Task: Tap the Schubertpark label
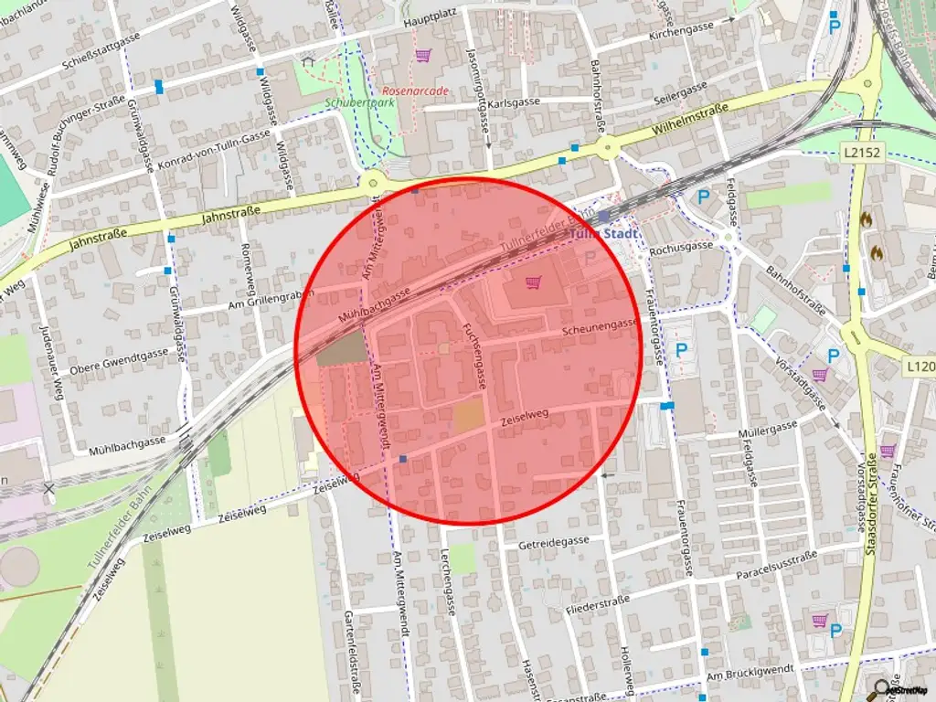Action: point(359,104)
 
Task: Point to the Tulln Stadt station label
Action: point(602,233)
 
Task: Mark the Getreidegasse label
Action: point(554,541)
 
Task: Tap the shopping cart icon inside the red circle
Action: point(533,282)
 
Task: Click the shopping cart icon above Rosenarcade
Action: point(422,56)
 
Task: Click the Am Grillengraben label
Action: point(271,299)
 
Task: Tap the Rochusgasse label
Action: point(680,247)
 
